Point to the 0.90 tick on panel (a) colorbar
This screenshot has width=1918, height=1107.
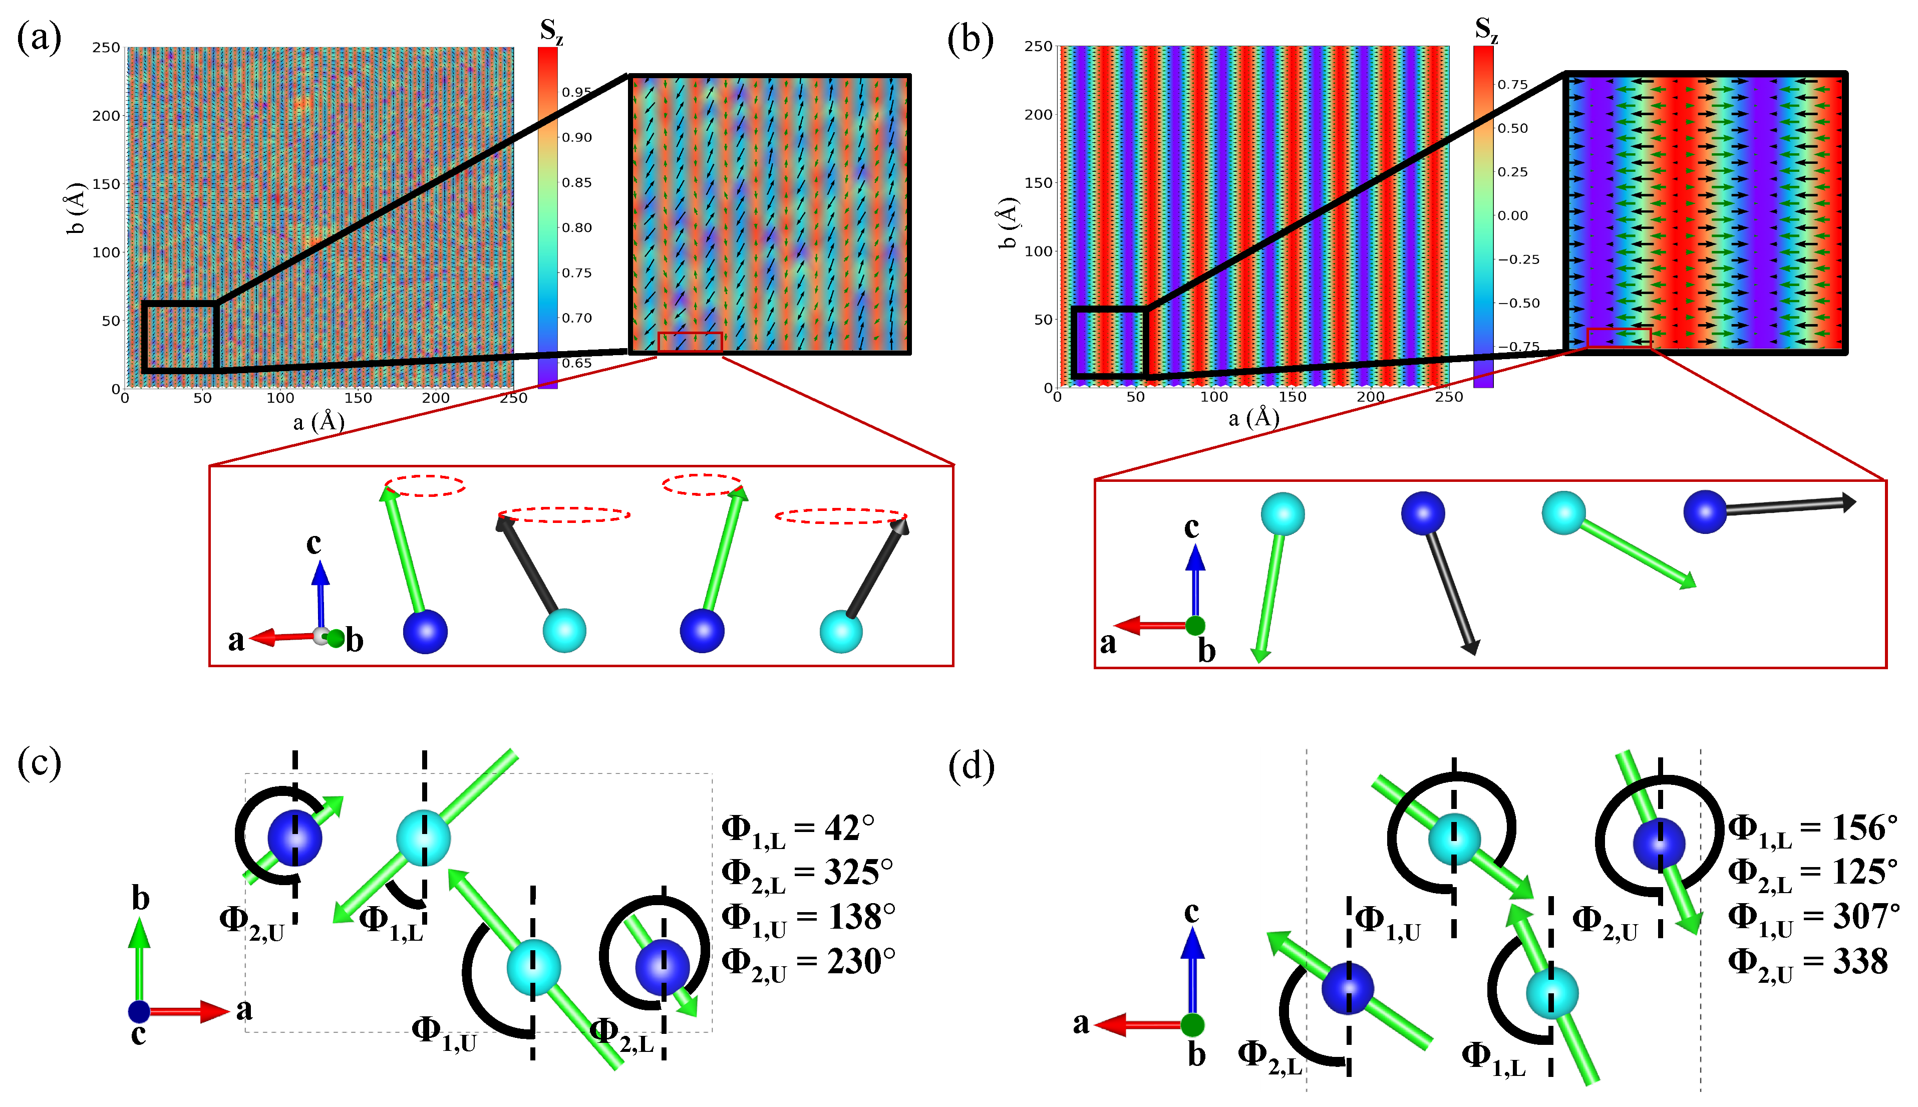tap(576, 138)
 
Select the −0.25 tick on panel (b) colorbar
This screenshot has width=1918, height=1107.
tap(1517, 259)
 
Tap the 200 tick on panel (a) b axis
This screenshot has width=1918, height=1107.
tap(106, 116)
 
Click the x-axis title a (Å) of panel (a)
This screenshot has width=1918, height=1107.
tap(319, 421)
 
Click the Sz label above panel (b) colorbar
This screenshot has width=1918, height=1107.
tap(1486, 29)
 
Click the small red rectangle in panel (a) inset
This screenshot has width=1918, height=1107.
tap(689, 342)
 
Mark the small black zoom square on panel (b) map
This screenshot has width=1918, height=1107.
tap(1109, 342)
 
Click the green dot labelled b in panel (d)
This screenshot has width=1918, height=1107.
tap(1192, 1025)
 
